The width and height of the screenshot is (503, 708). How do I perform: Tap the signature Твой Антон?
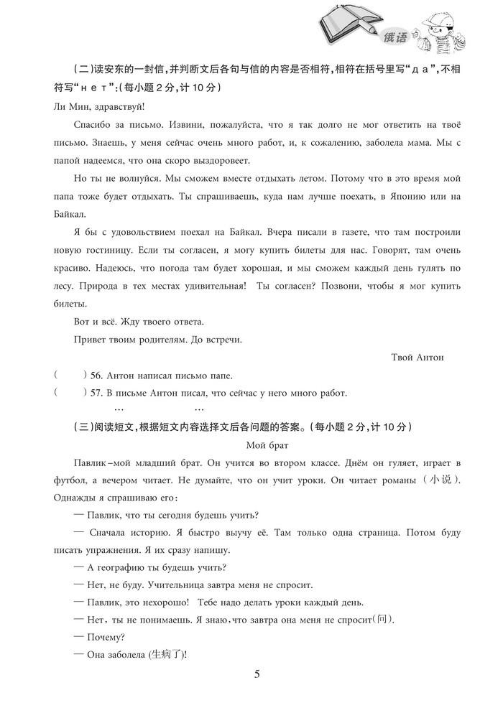(418, 357)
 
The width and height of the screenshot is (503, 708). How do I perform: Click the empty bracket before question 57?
(70, 393)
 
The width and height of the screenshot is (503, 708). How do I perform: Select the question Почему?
(100, 636)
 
